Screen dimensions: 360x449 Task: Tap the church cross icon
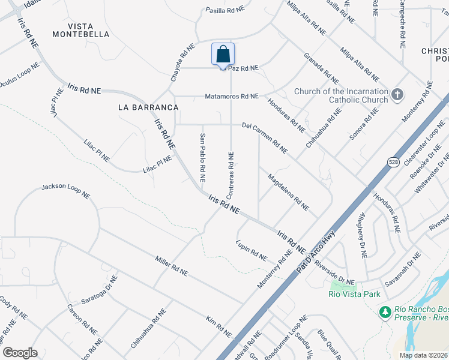pos(397,95)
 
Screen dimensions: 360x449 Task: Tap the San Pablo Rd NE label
pos(202,158)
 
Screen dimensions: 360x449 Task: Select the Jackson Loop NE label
pos(65,191)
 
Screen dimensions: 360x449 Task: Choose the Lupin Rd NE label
pos(252,251)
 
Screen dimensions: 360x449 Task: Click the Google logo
pos(20,353)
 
